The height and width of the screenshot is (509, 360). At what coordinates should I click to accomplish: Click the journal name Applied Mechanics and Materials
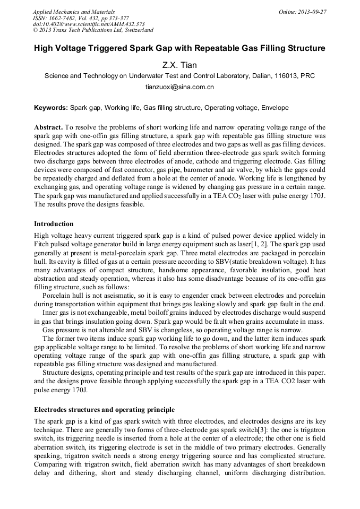pyautogui.click(x=73, y=11)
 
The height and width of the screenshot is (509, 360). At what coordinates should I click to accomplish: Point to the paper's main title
pyautogui.click(x=179, y=49)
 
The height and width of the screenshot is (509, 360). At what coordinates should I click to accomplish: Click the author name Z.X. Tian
pyautogui.click(x=179, y=65)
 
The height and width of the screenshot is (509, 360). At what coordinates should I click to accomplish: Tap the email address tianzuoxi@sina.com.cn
pyautogui.click(x=179, y=87)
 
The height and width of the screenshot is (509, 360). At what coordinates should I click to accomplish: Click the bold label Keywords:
pyautogui.click(x=51, y=108)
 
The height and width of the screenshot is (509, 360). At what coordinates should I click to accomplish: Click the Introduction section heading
pyautogui.click(x=54, y=224)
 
